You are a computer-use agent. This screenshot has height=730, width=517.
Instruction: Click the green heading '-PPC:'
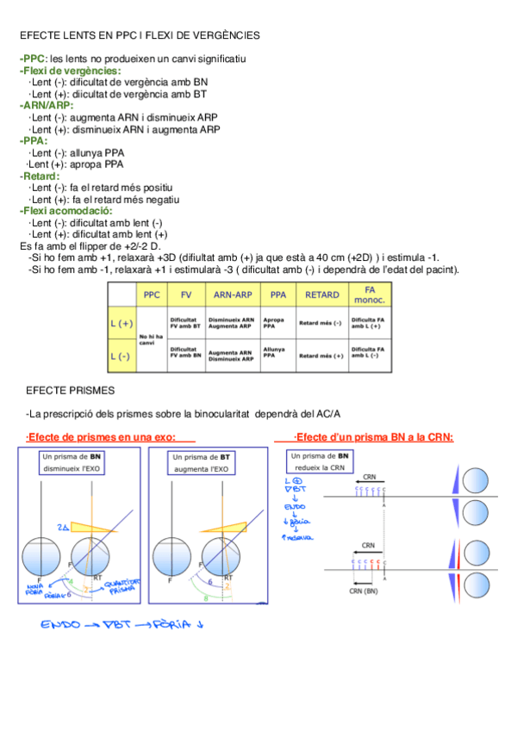pyautogui.click(x=34, y=58)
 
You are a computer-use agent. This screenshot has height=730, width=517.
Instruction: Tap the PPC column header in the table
pyautogui.click(x=152, y=294)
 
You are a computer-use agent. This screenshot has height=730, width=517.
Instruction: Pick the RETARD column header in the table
pyautogui.click(x=322, y=294)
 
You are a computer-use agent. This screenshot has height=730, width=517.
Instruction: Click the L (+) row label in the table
pyautogui.click(x=121, y=324)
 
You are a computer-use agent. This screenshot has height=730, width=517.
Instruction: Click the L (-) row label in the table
pyautogui.click(x=121, y=355)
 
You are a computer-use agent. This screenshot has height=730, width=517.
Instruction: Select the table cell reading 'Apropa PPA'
pyautogui.click(x=274, y=324)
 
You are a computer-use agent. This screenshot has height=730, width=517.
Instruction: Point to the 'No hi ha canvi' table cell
pyautogui.click(x=151, y=338)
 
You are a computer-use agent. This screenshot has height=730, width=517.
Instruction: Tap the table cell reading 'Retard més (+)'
pyautogui.click(x=321, y=355)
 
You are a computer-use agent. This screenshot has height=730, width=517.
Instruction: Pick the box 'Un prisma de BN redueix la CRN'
pyautogui.click(x=320, y=461)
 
